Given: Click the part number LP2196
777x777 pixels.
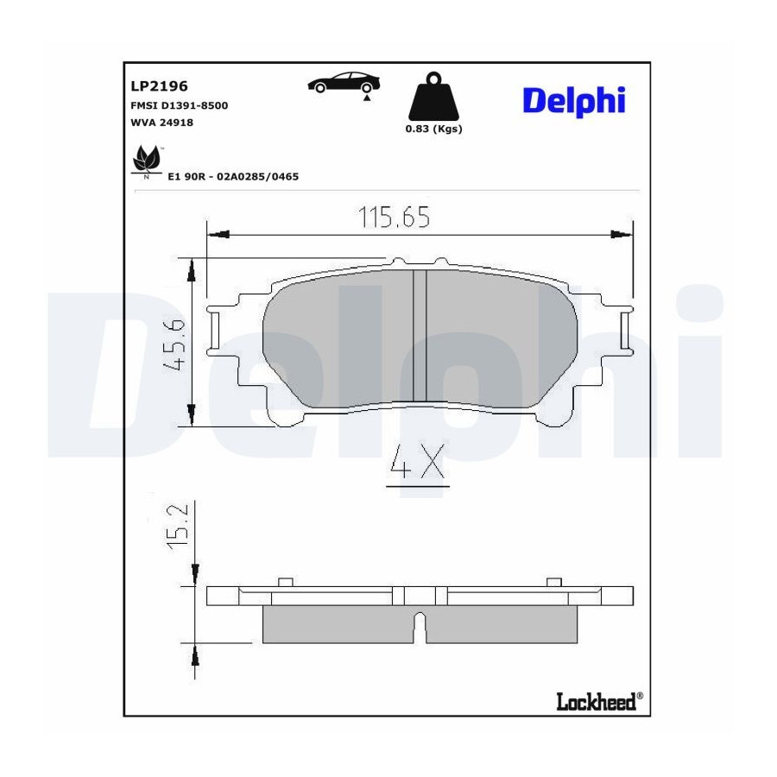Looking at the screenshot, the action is tap(159, 86).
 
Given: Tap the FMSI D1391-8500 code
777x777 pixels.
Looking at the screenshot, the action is tap(179, 105).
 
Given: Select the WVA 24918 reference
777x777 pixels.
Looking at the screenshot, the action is tap(161, 123).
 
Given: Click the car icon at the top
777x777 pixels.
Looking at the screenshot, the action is tap(344, 83).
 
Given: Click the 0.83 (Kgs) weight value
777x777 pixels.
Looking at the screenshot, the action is tap(433, 129).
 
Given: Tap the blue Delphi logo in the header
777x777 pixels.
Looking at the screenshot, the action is tap(574, 102).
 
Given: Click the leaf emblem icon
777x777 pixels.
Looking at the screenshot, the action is tap(147, 159).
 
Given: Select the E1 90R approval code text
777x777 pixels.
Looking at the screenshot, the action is tap(233, 176).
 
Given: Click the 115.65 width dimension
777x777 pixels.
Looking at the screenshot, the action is tap(394, 217).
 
